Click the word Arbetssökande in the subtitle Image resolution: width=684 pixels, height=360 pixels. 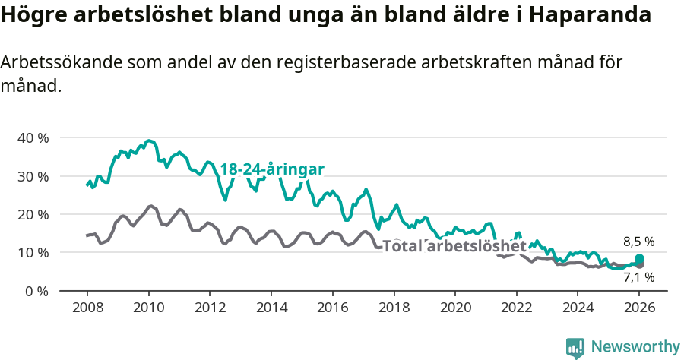[x=54, y=63]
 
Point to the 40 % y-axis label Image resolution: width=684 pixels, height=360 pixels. [x=33, y=138]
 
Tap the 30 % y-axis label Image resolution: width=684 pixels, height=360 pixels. [x=33, y=176]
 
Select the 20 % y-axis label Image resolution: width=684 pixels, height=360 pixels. [x=33, y=214]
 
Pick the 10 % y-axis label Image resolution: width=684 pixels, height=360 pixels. [x=33, y=252]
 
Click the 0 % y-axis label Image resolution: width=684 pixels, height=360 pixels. [x=36, y=291]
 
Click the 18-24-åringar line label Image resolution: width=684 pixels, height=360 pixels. [x=273, y=169]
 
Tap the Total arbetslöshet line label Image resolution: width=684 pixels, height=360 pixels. [x=454, y=246]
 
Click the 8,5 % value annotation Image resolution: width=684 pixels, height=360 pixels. [x=638, y=242]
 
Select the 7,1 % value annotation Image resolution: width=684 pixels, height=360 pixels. [x=638, y=278]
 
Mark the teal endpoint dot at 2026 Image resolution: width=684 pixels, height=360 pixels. [x=639, y=259]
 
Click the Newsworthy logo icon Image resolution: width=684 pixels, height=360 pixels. [x=575, y=347]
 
